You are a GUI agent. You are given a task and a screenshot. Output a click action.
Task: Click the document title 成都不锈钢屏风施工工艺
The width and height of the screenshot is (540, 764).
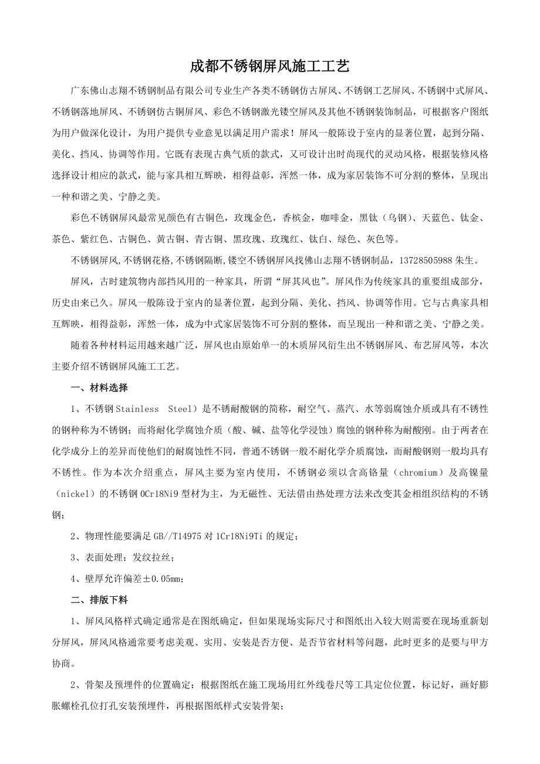(270, 67)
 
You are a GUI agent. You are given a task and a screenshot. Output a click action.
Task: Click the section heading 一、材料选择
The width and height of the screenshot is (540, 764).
(99, 388)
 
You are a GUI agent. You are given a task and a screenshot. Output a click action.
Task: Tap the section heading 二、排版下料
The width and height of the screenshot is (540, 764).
(99, 600)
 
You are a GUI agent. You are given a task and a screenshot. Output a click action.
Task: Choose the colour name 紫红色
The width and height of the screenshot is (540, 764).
(96, 239)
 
